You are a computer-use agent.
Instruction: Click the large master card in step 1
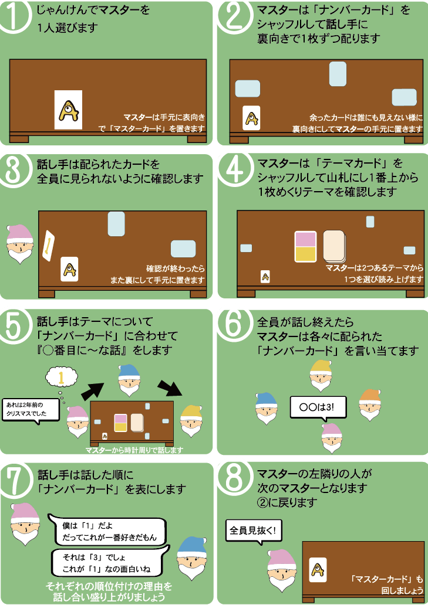(68, 110)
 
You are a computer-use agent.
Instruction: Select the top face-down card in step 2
(338, 74)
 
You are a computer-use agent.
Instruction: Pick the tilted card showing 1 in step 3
(48, 246)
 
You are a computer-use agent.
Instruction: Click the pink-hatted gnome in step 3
(20, 244)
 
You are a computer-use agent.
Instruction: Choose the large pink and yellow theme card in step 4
(305, 247)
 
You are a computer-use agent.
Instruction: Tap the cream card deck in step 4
(335, 246)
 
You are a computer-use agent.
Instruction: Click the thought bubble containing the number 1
(62, 378)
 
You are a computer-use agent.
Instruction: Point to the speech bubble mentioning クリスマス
(31, 410)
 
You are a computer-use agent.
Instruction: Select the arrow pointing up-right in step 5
(93, 390)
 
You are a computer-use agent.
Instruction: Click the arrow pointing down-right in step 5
(170, 388)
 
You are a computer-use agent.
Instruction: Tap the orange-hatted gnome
(370, 404)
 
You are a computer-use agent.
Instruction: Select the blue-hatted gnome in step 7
(191, 558)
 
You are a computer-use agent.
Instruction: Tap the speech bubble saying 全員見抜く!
(254, 532)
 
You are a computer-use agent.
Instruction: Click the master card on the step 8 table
(318, 570)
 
